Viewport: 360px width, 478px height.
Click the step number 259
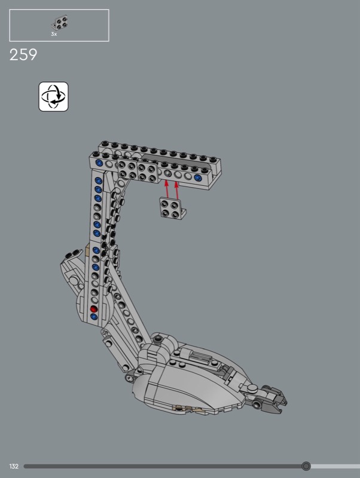23,55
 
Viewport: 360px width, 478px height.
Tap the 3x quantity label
54,34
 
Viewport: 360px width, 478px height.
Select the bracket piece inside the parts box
60,23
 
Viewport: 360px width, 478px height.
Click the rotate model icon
53,96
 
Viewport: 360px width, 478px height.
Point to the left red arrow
167,189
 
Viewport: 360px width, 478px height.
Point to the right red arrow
176,190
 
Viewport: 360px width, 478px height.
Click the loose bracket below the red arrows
172,209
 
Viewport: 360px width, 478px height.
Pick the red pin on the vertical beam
94,309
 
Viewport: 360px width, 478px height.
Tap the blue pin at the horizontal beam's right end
198,177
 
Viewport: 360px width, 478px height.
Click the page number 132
14,466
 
